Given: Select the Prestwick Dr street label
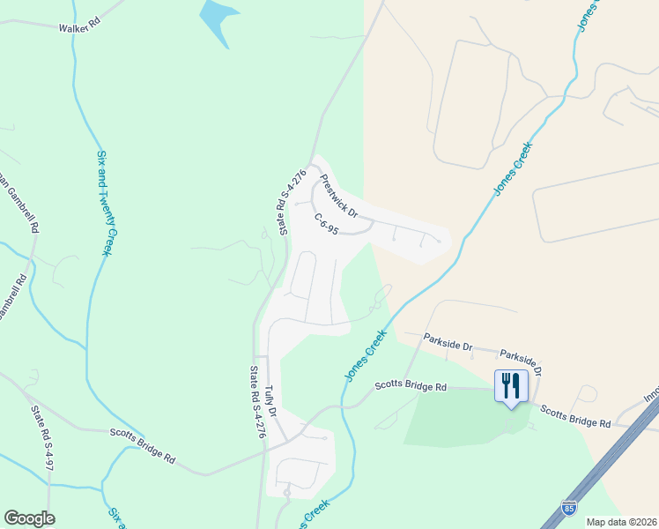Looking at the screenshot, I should [338, 195].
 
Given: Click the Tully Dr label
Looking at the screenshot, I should [272, 400].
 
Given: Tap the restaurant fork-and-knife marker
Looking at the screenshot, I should [511, 384].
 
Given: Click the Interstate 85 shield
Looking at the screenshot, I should [570, 508].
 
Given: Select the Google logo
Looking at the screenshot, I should [29, 518].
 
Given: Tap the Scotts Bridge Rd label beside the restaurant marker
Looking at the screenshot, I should [575, 418].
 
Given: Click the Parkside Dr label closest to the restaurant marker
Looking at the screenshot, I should [522, 360].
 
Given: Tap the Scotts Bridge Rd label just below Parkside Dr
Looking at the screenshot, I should [411, 385].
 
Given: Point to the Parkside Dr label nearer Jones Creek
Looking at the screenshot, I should [448, 340].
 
